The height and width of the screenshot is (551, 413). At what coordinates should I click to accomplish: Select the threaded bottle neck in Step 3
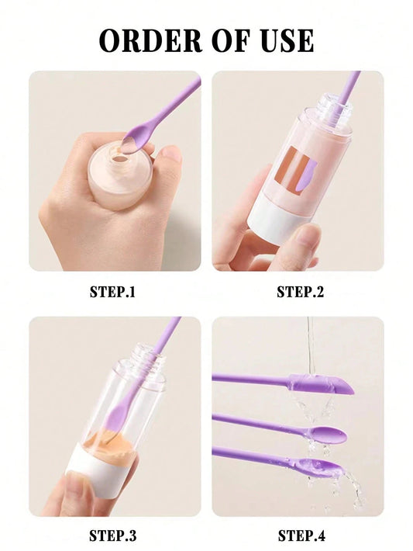[x=147, y=359]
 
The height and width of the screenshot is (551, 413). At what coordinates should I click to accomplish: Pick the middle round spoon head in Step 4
[x=327, y=432]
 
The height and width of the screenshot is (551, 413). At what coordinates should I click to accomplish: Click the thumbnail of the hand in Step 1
[x=171, y=154]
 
